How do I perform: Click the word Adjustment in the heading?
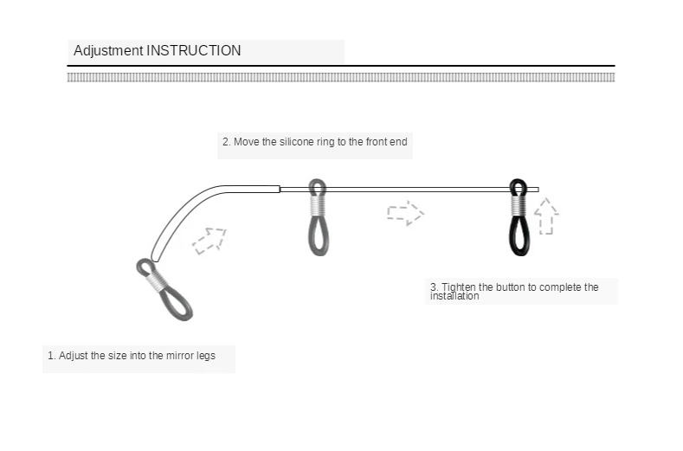(x=107, y=51)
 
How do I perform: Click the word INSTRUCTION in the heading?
(x=193, y=51)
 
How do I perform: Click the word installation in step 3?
(x=454, y=297)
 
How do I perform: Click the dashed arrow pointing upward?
(x=545, y=216)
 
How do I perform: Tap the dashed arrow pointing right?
(x=404, y=213)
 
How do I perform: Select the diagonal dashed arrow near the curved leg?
(x=209, y=240)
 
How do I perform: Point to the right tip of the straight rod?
(x=536, y=190)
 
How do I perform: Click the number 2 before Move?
(x=225, y=142)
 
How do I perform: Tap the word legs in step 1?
(x=206, y=356)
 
